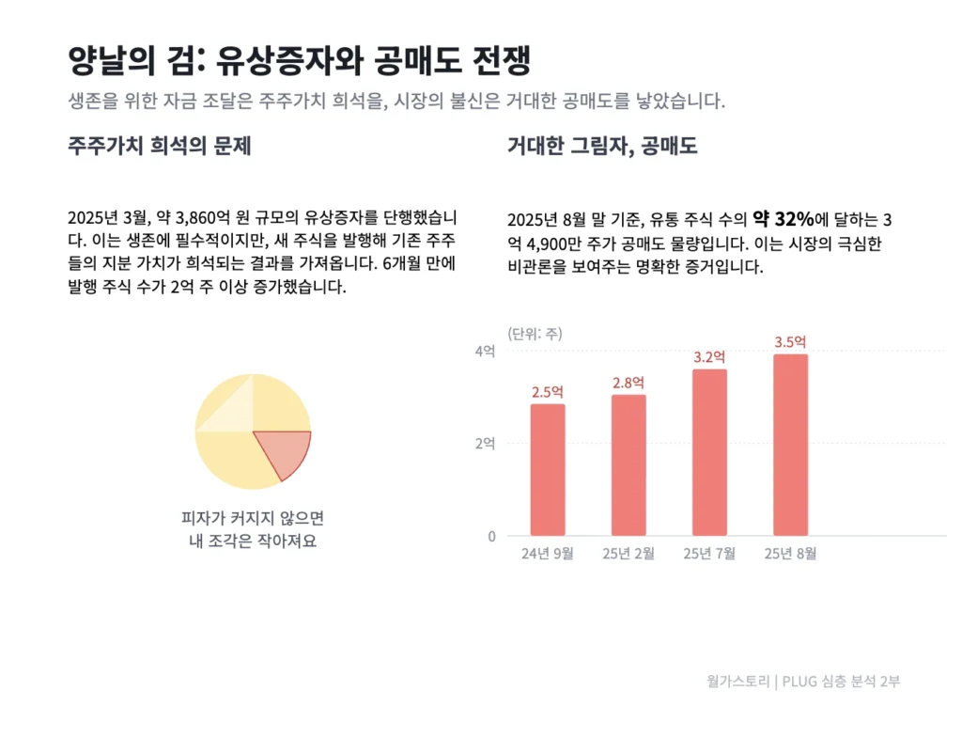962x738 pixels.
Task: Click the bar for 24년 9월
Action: [548, 470]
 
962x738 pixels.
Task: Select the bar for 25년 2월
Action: [628, 465]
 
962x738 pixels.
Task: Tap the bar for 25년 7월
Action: [709, 452]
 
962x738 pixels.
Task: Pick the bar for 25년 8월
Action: [790, 445]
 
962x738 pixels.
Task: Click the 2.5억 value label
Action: [548, 392]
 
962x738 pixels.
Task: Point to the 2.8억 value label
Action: [628, 383]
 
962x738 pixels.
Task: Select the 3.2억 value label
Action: [709, 357]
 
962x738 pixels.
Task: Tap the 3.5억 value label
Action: [790, 341]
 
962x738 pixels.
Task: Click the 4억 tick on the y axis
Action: [485, 351]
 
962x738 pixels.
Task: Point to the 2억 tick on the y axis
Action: [485, 444]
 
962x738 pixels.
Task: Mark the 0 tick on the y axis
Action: [490, 536]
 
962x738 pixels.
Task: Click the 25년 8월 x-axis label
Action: [790, 554]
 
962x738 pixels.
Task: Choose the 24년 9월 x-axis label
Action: [548, 554]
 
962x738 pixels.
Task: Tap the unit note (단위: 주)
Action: [535, 333]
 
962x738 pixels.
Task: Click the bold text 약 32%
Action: [783, 219]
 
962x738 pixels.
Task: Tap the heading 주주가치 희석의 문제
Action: [159, 147]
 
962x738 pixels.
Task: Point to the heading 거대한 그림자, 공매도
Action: [601, 147]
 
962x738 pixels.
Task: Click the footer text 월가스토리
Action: [738, 682]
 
